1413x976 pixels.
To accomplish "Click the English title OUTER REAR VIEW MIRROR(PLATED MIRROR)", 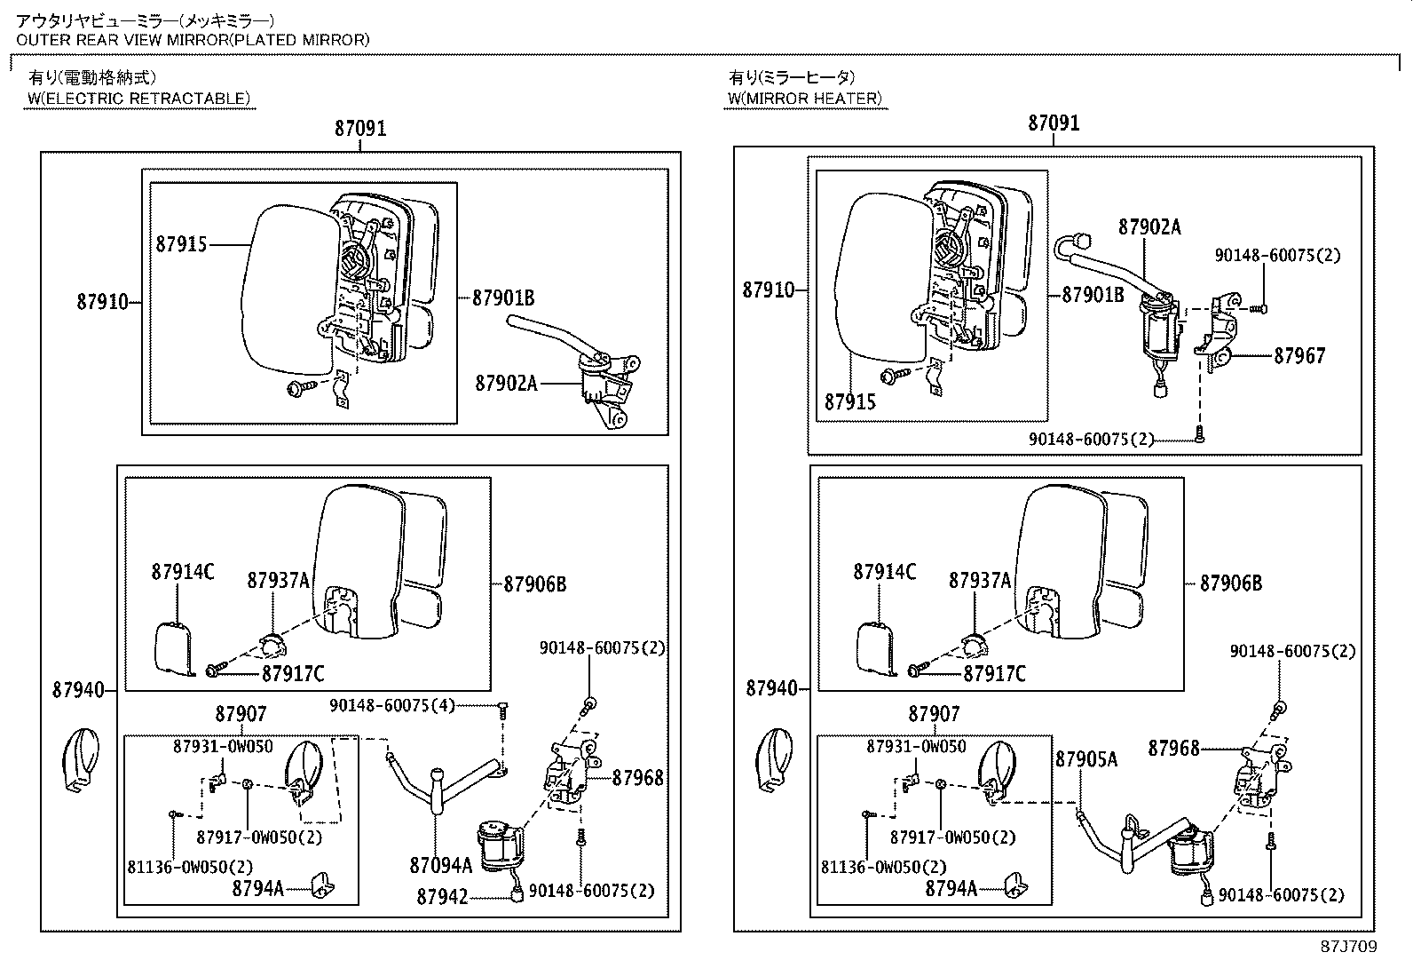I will [x=193, y=39].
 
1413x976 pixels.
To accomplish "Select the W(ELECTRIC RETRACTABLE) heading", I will [x=138, y=99].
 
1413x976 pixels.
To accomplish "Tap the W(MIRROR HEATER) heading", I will [x=805, y=99].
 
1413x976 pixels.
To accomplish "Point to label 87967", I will [x=1299, y=356].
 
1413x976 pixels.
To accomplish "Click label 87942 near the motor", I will [x=442, y=897].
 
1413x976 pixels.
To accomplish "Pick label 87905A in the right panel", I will [x=1086, y=758].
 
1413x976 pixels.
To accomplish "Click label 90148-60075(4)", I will [x=392, y=705].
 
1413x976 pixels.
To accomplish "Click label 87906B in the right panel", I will [x=1231, y=583].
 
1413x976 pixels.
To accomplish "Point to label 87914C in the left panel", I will [x=182, y=572].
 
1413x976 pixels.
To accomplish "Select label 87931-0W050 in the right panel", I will [x=916, y=747].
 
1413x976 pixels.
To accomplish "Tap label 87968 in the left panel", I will [x=638, y=779].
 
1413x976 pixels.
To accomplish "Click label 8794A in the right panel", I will [x=950, y=888].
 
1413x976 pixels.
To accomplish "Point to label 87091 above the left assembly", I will [x=360, y=128].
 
